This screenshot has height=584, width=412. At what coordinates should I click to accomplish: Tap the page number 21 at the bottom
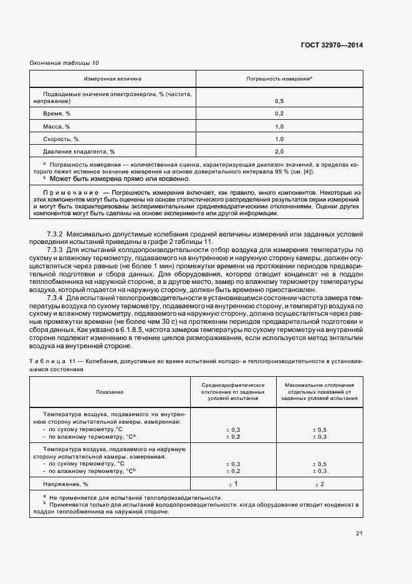click(359, 533)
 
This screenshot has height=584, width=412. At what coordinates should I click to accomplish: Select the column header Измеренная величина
click(113, 79)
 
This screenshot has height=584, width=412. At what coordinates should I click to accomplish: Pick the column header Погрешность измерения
click(279, 79)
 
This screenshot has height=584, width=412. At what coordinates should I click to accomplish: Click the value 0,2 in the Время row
click(279, 114)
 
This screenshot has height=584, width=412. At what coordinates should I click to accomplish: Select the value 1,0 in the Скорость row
click(279, 139)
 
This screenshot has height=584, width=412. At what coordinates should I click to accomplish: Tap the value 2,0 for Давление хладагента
click(279, 152)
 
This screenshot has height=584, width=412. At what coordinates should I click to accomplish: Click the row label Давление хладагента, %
click(79, 152)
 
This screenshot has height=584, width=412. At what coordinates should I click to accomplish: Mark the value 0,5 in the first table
click(279, 100)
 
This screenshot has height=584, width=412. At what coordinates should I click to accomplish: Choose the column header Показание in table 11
click(110, 391)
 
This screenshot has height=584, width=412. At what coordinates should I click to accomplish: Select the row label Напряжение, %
click(65, 484)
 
